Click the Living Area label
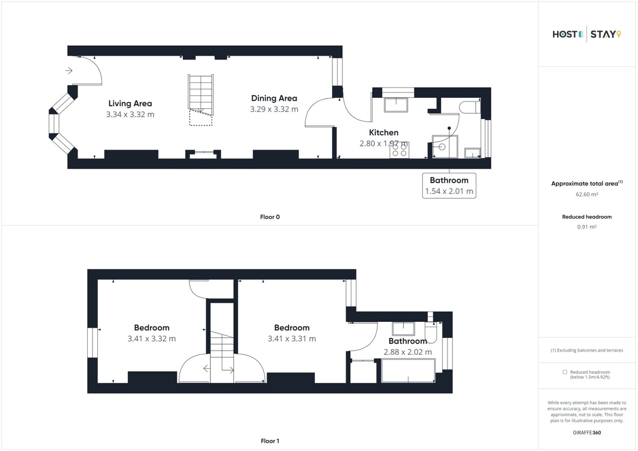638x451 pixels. coord(130,103)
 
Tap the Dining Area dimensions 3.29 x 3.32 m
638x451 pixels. coord(274,109)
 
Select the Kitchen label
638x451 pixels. coord(384,133)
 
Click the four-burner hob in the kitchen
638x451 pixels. coord(399,150)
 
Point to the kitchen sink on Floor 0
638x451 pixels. coord(396,105)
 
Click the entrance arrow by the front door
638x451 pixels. coord(69,70)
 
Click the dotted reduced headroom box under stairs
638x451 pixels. coord(201,118)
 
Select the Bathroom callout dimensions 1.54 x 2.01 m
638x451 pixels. coord(449,191)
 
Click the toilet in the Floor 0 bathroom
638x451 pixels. coord(469,107)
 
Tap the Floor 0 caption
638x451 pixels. coord(270,217)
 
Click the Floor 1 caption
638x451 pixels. coord(270,441)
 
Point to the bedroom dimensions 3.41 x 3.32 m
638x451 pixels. coord(152,339)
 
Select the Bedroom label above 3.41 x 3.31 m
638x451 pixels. coord(292,328)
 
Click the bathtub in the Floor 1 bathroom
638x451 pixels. coord(408,370)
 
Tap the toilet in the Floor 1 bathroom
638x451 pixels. coord(431,333)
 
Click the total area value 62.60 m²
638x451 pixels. coord(587,194)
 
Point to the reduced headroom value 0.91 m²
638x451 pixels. coord(587,227)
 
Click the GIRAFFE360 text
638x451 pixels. coord(587,433)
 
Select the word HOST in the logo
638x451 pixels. coord(565,35)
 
